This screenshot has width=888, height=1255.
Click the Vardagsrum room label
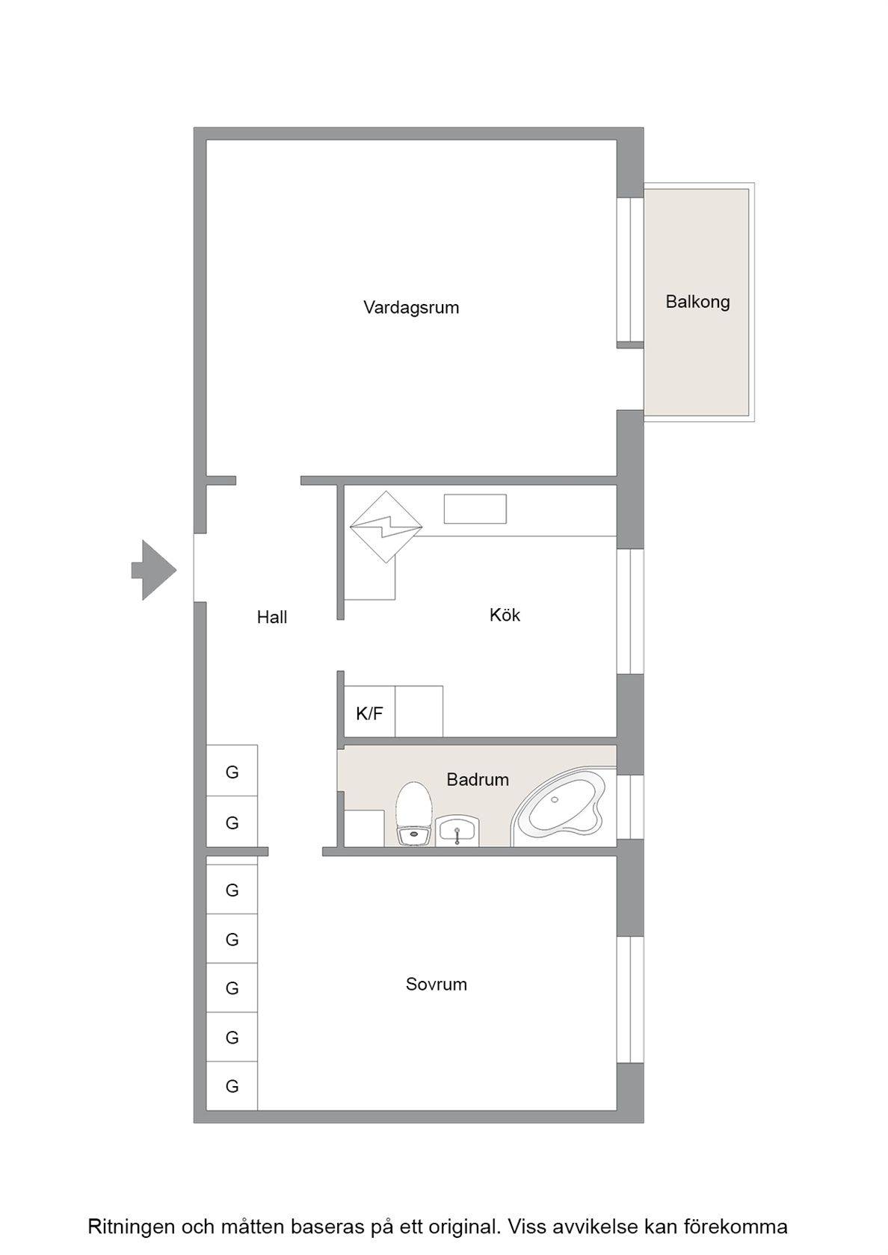(x=411, y=308)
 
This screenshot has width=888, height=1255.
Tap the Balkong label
(x=697, y=302)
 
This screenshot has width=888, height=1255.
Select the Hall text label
(x=272, y=617)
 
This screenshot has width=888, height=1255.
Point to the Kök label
(x=505, y=615)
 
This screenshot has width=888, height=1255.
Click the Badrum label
(x=478, y=779)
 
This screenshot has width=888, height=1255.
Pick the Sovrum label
(x=437, y=985)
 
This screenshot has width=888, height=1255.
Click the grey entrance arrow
(x=154, y=571)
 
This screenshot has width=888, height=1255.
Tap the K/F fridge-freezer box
(x=369, y=711)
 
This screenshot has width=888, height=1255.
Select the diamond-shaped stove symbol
(x=386, y=527)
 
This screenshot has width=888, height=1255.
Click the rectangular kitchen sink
(x=475, y=509)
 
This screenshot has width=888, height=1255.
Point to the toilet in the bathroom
(x=413, y=814)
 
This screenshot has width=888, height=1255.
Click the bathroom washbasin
(x=457, y=831)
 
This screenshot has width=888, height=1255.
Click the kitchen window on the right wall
(x=630, y=611)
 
